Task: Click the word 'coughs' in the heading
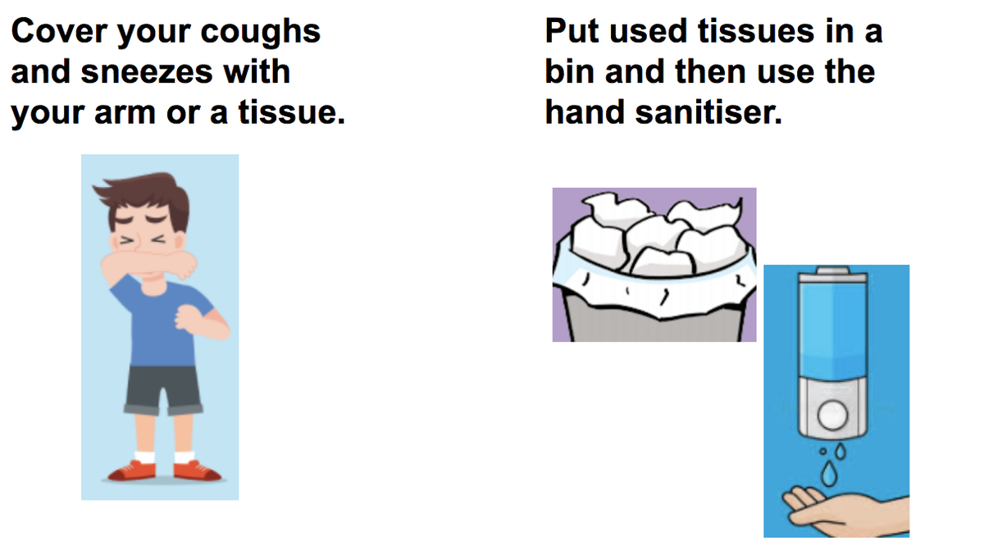tap(261, 33)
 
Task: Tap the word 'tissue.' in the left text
tap(292, 112)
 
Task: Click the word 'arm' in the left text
tap(125, 113)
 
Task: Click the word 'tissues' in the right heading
tap(756, 31)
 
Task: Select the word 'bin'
tap(570, 71)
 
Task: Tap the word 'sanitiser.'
tap(708, 112)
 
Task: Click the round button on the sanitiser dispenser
tap(832, 415)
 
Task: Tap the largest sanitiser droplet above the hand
tap(828, 473)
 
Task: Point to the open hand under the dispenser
tap(845, 513)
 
